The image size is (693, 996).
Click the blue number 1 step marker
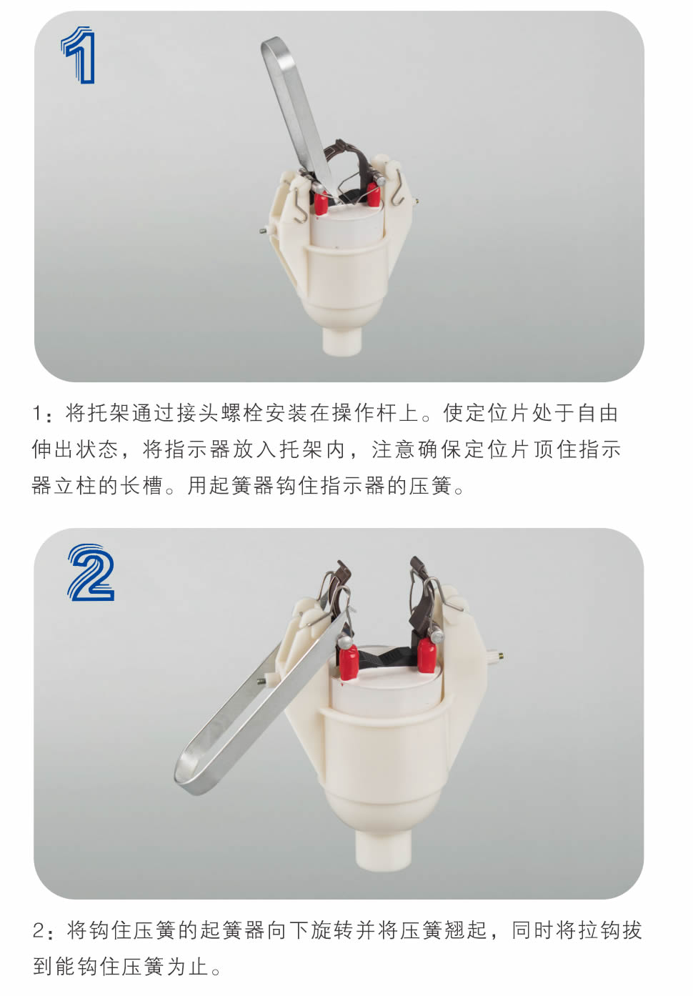[x=79, y=55]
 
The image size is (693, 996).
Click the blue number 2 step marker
[x=91, y=572]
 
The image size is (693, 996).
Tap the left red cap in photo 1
[x=321, y=203]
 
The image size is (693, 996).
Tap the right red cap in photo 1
[x=372, y=196]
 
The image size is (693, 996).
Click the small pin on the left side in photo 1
[x=265, y=231]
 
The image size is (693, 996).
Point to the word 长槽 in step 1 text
[x=142, y=485]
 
